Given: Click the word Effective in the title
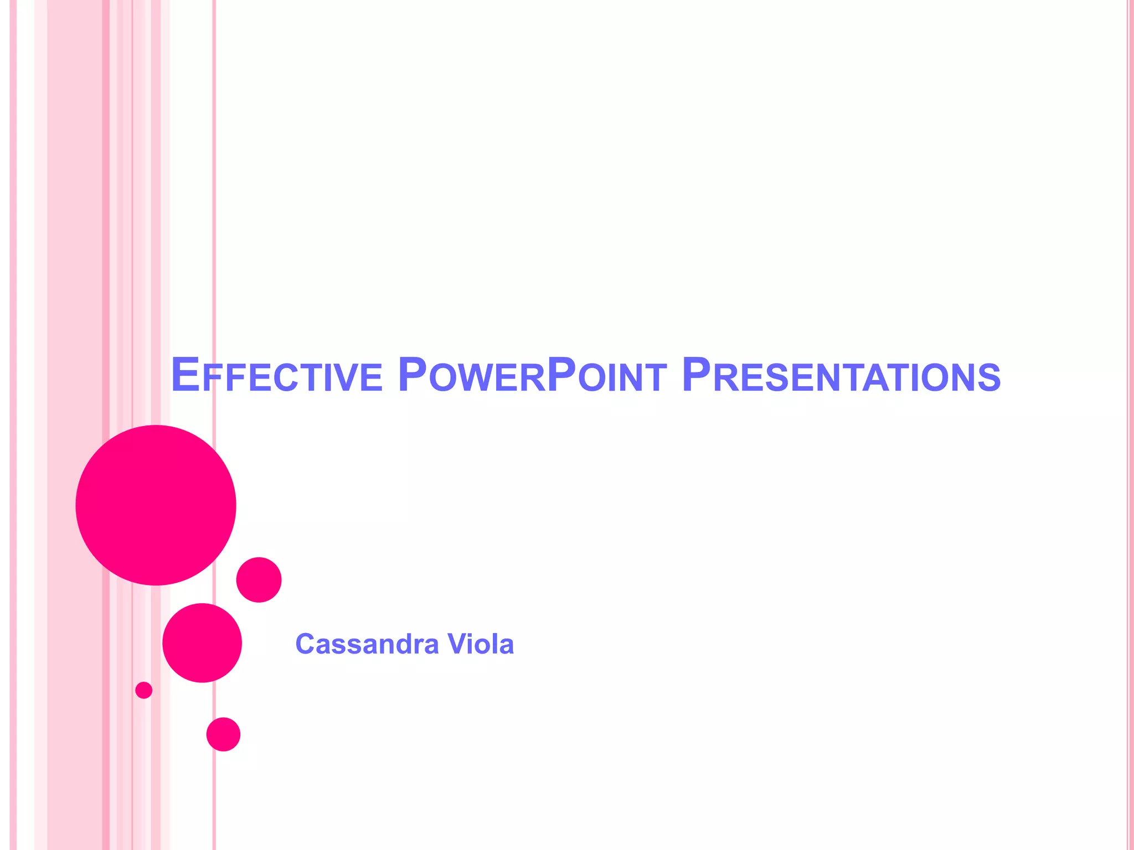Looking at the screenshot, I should pos(276,376).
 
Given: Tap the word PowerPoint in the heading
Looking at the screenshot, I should pos(532,376).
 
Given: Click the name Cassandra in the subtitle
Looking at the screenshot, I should pos(367,644).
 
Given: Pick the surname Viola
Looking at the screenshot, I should pos(481,644).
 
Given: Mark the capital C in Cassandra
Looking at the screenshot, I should pos(305,644).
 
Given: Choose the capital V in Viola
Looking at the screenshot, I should pos(457,644).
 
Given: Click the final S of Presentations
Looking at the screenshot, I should pos(989,378).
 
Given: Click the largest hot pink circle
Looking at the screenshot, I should pos(156,505).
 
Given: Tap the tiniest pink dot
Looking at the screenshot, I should pos(143,690).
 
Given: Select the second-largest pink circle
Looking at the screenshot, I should pos(202,642).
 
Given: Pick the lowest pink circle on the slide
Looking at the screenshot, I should pos(223,734).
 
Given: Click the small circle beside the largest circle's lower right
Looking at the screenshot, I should pos(259,579).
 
